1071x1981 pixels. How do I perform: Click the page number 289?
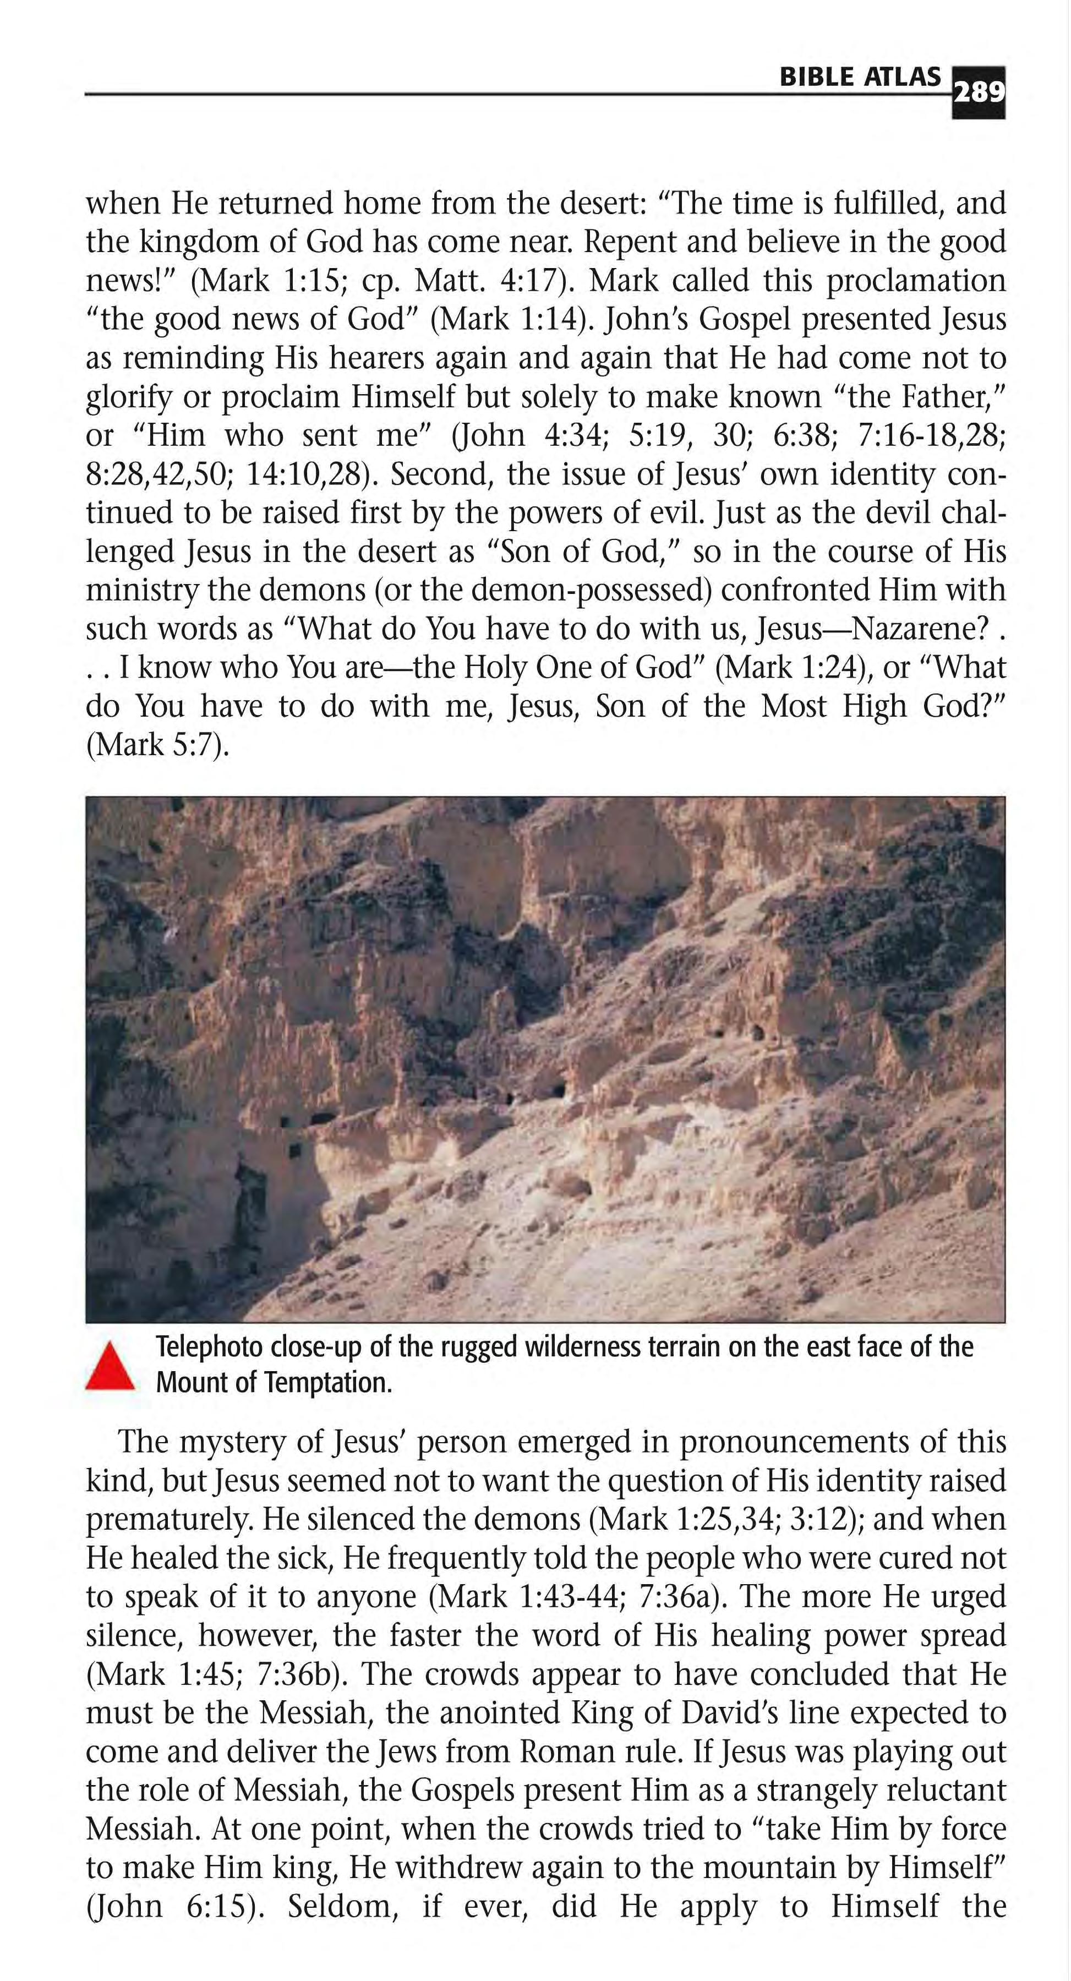pyautogui.click(x=979, y=93)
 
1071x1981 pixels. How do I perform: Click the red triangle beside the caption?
pyautogui.click(x=110, y=1367)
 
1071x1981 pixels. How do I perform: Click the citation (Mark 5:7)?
pyautogui.click(x=157, y=744)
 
